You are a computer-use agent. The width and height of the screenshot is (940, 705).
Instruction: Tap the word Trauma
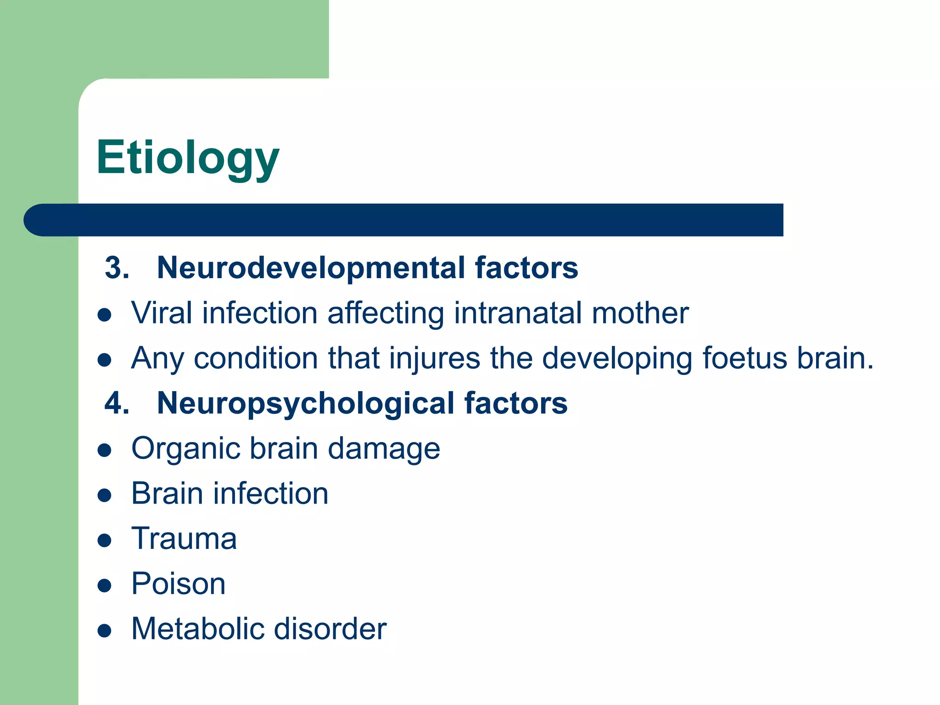pyautogui.click(x=184, y=538)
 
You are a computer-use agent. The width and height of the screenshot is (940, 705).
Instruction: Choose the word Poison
pyautogui.click(x=179, y=584)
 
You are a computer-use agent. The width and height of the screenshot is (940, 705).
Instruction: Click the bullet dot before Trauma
pyautogui.click(x=105, y=540)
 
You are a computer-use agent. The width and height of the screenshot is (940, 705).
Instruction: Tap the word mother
pyautogui.click(x=640, y=313)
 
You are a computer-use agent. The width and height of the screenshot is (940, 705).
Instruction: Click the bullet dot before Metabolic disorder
pyautogui.click(x=105, y=631)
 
